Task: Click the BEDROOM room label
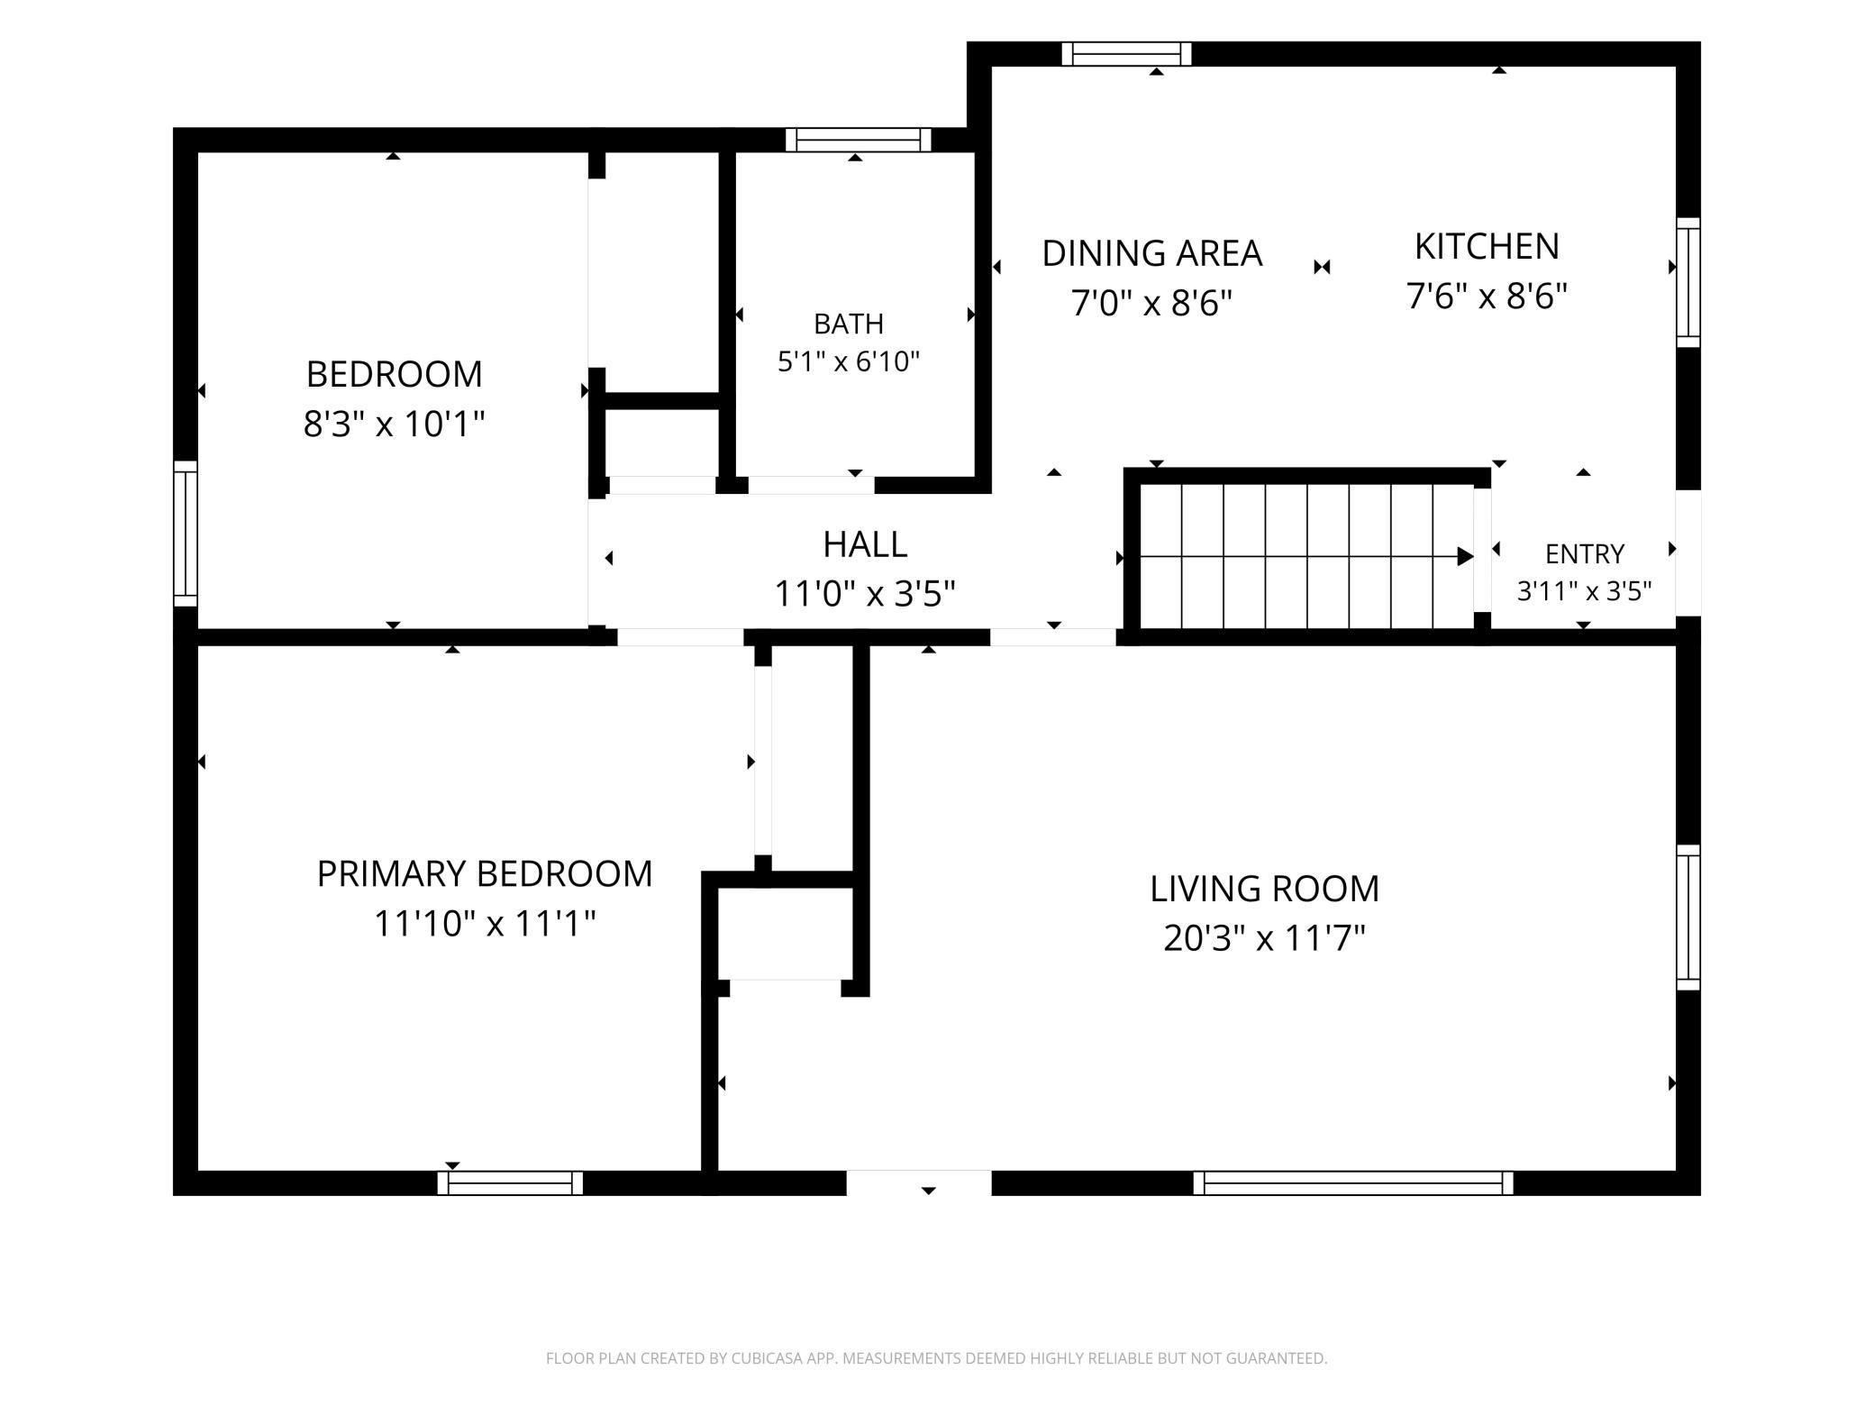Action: (394, 374)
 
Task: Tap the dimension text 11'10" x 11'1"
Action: (485, 923)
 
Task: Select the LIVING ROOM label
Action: (1264, 889)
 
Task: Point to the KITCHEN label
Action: (1487, 246)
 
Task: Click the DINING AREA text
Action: (1152, 253)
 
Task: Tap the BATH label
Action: (849, 324)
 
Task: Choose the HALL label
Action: (865, 544)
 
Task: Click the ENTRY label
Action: (1585, 553)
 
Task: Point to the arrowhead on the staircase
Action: (1466, 557)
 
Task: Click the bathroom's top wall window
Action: (858, 140)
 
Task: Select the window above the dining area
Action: (1126, 54)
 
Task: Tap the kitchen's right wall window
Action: (1688, 282)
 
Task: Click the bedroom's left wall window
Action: (185, 534)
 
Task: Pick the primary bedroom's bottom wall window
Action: (510, 1182)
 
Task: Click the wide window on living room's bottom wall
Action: (1353, 1182)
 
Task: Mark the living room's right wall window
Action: (1688, 918)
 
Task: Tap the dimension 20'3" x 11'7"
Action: (1264, 938)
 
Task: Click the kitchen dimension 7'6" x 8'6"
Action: (1487, 296)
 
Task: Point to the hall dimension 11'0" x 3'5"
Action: (865, 594)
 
